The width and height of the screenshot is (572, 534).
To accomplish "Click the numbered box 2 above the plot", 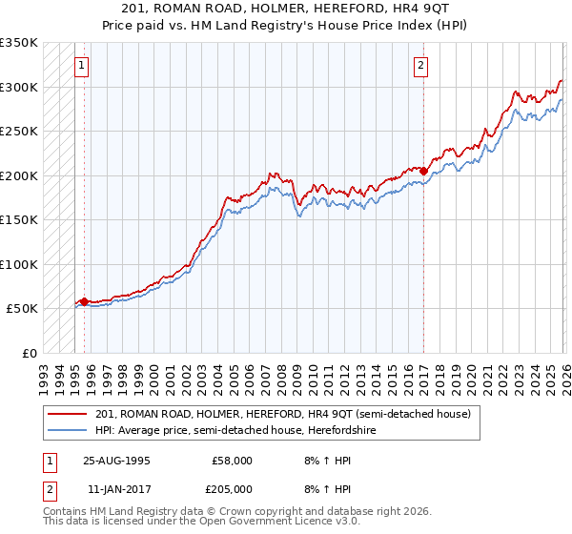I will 420,66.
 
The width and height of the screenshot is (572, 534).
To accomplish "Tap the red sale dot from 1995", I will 84,301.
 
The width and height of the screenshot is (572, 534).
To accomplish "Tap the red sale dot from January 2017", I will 424,172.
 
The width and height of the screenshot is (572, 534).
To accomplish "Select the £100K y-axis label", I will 19,264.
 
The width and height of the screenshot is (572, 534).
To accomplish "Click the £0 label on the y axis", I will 29,353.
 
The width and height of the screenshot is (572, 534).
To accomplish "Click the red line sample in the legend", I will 69,414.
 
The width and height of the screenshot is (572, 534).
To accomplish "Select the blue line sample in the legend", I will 69,430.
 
